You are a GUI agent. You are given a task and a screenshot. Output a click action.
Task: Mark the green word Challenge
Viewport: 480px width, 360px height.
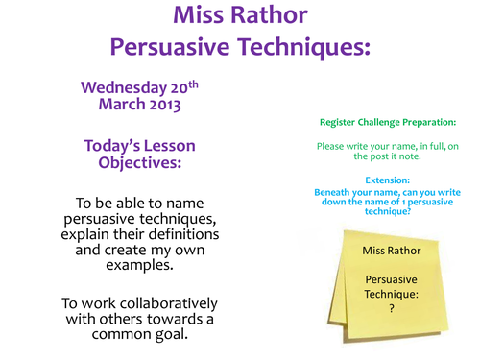point(379,123)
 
